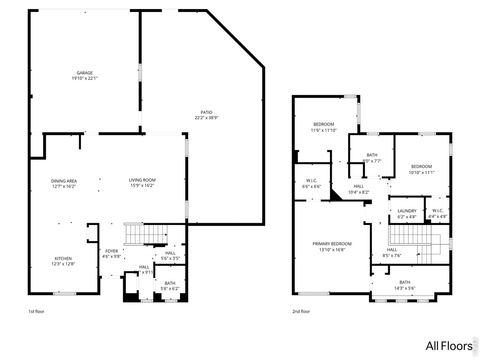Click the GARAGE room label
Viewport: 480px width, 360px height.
[x=85, y=73]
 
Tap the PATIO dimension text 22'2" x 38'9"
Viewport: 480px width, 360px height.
[x=206, y=118]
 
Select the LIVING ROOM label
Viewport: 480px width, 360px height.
[x=142, y=180]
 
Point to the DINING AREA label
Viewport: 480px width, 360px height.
[x=64, y=181]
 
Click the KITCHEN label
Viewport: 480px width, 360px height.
[x=63, y=259]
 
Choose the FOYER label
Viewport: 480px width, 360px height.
[x=111, y=251]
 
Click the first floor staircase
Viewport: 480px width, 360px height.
[x=146, y=234]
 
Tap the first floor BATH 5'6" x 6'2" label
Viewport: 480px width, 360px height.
[x=170, y=283]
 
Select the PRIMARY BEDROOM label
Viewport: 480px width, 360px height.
[x=332, y=244]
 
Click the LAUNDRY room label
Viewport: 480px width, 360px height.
[x=407, y=211]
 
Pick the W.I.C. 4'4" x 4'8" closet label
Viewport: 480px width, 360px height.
[x=438, y=211]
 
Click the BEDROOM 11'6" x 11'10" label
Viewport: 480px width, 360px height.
[x=324, y=124]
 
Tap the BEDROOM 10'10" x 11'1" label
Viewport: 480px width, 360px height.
[x=421, y=167]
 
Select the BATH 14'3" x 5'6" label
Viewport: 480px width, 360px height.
[x=405, y=282]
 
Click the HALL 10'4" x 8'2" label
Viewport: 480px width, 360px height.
[x=358, y=186]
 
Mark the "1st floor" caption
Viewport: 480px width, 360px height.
[x=36, y=311]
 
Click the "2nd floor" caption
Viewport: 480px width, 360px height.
[x=301, y=311]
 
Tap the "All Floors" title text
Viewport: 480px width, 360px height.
[x=448, y=345]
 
